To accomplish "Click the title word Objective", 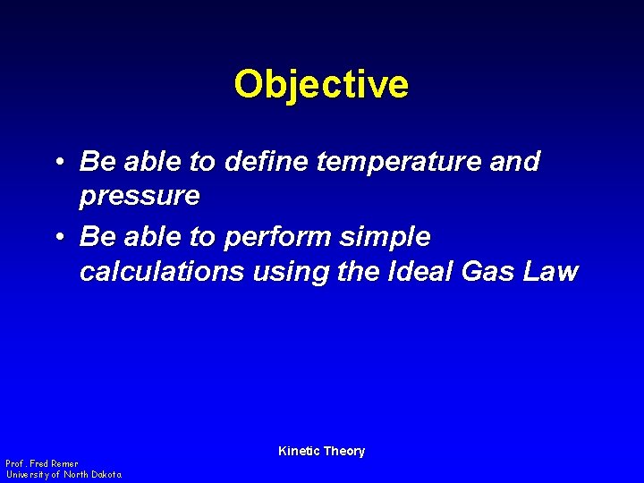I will coord(321,85).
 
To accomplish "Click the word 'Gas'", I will coord(491,272).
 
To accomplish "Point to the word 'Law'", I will coord(552,272).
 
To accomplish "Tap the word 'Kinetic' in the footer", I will coord(299,451).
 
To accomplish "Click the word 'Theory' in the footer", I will coord(344,451).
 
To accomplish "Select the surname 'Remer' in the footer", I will coord(65,464).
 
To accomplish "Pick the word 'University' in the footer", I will coord(28,474).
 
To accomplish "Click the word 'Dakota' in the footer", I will coord(104,474).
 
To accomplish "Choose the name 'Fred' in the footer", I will coord(39,464).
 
